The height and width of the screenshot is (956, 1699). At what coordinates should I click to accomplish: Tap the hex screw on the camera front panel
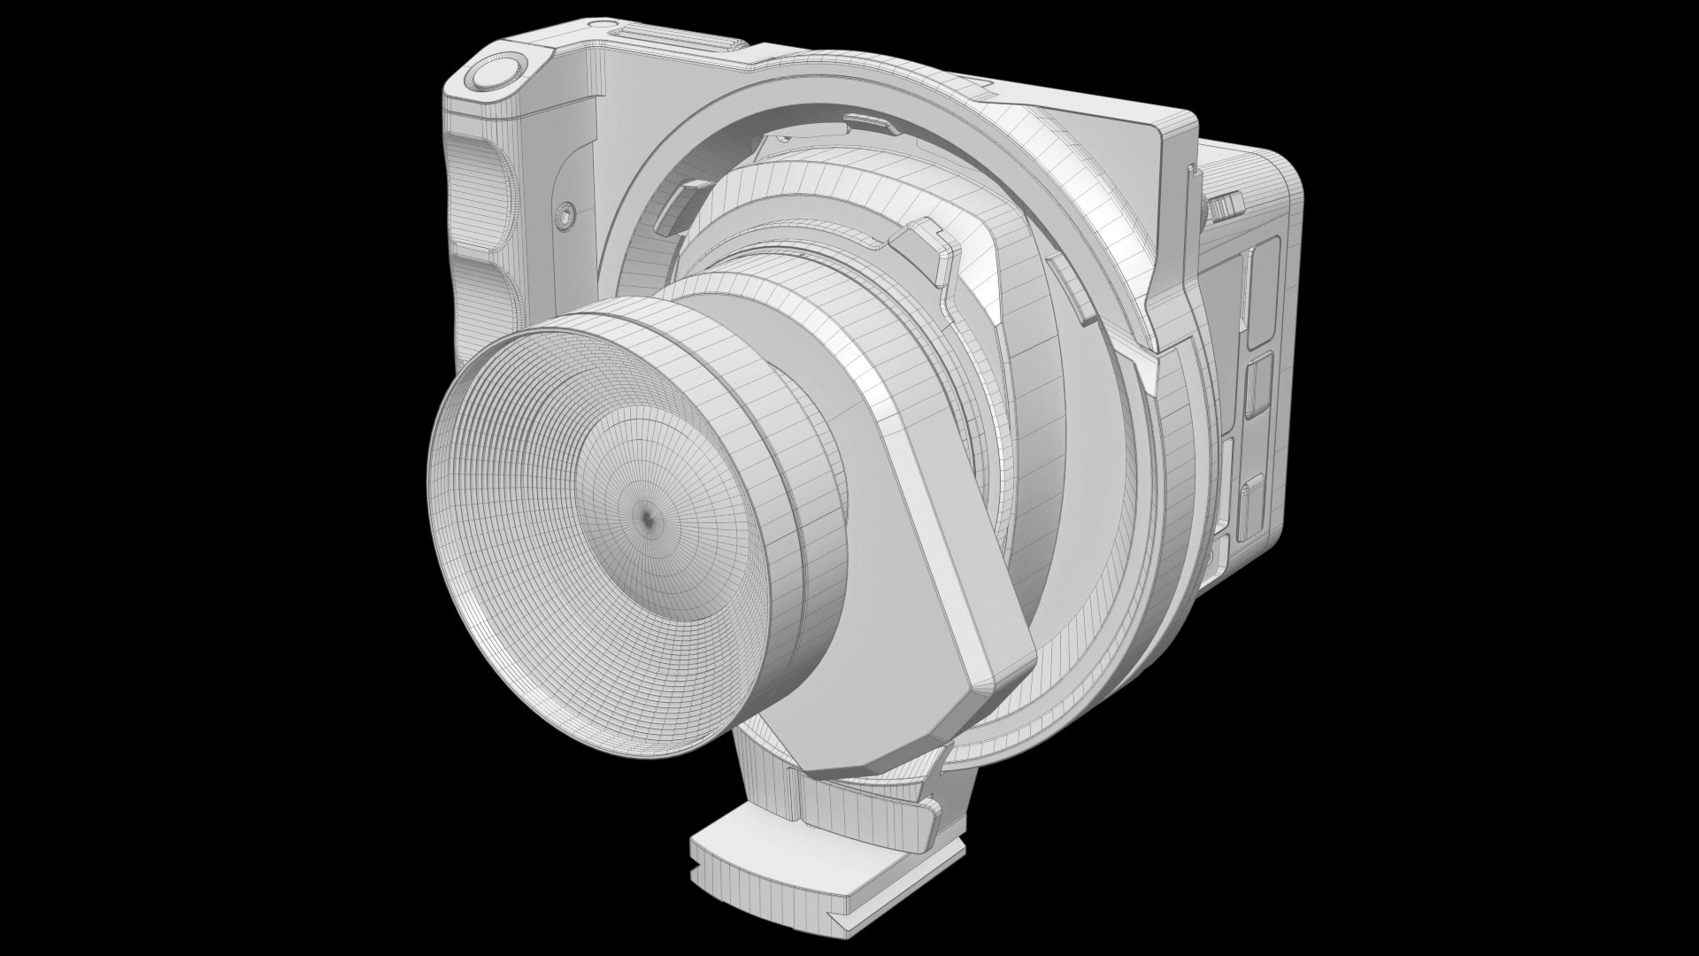click(564, 213)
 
